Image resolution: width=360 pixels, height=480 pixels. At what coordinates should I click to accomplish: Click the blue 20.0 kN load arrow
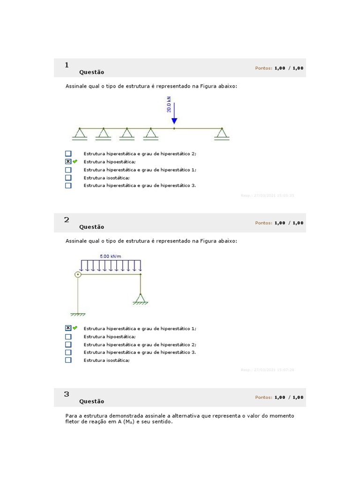tap(174, 115)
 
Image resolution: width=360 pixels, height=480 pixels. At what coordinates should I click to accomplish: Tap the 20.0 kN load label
tap(169, 104)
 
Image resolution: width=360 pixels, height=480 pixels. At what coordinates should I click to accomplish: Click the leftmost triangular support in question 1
tap(80, 134)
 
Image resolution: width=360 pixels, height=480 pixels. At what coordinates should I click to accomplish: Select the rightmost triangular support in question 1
tap(222, 134)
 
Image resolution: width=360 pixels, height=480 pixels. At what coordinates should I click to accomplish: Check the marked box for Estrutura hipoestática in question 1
tap(68, 162)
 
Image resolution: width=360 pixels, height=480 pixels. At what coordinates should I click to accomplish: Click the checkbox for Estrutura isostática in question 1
tap(68, 178)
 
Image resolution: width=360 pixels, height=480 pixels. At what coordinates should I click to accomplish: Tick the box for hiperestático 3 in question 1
tap(68, 186)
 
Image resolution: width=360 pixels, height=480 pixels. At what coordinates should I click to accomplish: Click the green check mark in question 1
tap(75, 162)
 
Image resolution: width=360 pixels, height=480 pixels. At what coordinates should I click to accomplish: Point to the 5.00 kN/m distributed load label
tap(111, 256)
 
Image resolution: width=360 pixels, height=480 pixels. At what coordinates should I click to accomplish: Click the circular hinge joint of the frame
tap(78, 274)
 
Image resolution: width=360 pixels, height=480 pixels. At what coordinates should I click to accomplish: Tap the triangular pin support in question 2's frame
tap(140, 299)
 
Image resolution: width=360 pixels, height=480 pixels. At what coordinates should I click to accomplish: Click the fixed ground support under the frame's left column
tap(78, 314)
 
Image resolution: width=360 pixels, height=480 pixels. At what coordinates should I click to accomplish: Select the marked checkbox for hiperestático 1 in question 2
tap(68, 328)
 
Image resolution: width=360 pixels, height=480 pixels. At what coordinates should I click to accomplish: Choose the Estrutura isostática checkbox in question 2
tap(68, 360)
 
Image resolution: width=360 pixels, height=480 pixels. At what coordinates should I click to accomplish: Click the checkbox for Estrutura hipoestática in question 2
tap(68, 337)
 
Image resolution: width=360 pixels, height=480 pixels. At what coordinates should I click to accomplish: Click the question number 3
tap(67, 394)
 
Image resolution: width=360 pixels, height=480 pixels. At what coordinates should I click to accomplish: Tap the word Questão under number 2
tap(92, 227)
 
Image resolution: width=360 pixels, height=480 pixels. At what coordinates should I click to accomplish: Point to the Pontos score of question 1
tap(279, 68)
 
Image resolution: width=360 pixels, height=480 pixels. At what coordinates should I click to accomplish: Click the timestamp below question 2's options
tap(267, 370)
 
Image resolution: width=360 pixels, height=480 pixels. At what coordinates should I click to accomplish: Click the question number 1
tap(67, 65)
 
